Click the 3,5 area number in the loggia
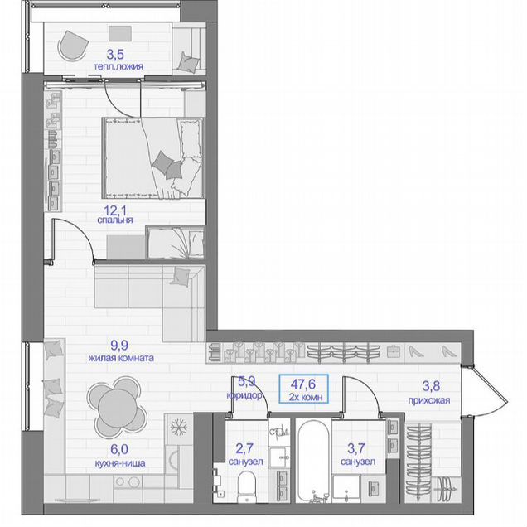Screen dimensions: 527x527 (115, 54)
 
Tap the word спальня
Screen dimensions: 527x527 (115, 220)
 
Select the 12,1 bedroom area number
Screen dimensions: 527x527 (115, 210)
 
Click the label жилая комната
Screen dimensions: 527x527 (121, 358)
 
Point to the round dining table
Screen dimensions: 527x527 (117, 407)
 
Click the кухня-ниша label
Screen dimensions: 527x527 (120, 463)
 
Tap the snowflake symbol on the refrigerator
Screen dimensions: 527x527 (178, 428)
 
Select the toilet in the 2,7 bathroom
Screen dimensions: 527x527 (246, 486)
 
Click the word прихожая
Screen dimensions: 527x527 (429, 400)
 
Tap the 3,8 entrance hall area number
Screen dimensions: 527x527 (431, 386)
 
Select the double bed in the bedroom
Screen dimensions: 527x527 (153, 158)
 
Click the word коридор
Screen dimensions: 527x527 (244, 395)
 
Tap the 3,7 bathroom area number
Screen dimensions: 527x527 (356, 448)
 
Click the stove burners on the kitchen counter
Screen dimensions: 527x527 (128, 482)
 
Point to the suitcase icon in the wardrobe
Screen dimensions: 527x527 (393, 352)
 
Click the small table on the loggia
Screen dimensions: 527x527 (120, 34)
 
